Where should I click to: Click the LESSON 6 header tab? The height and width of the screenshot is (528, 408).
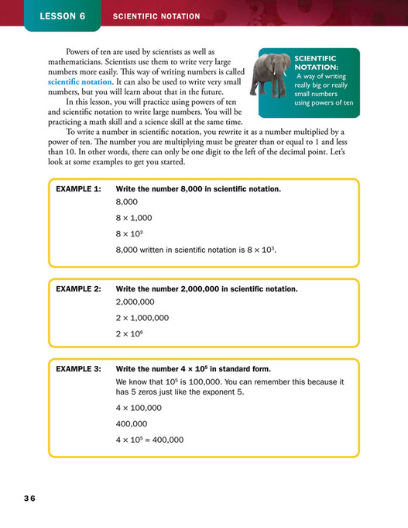[62, 16]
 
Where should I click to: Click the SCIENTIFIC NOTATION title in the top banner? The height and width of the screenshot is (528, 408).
[156, 16]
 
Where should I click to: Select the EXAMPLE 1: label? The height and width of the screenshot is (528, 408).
[78, 188]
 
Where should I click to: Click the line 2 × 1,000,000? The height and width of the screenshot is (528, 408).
[142, 317]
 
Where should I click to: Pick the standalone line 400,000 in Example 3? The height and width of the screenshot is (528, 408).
[131, 424]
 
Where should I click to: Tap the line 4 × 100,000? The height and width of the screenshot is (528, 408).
[139, 408]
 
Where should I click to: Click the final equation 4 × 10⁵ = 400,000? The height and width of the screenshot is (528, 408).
[149, 440]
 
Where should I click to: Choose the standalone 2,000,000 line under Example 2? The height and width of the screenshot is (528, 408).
[135, 302]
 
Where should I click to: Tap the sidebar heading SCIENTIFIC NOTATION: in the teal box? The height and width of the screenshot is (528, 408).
[315, 63]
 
